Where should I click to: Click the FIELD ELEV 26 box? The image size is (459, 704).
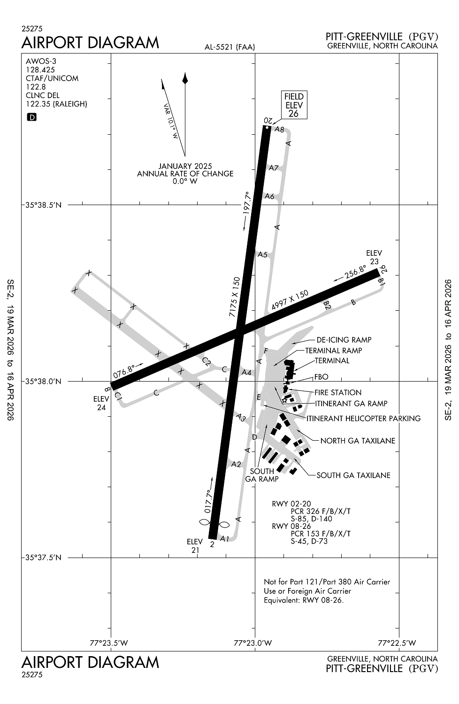[x=294, y=105]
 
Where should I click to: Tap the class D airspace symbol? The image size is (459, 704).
[x=32, y=117]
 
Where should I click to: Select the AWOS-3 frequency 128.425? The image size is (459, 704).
[x=40, y=69]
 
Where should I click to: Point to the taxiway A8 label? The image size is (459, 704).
[x=279, y=130]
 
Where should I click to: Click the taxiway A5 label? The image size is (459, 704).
[x=262, y=255]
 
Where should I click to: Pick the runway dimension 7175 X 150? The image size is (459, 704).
[x=235, y=298]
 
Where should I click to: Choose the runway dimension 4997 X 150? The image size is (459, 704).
[x=290, y=301]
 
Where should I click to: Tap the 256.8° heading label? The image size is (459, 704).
[x=355, y=272]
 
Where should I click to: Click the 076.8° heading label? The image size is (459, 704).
[x=124, y=372]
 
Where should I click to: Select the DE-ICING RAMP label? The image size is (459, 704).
[x=344, y=340]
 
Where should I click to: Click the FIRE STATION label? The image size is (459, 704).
[x=338, y=392]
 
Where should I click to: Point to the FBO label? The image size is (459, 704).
[x=321, y=377]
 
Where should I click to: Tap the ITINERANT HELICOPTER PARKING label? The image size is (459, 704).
[x=363, y=418]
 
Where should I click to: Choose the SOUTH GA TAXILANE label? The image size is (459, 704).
[x=353, y=475]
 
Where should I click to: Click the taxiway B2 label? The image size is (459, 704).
[x=327, y=305]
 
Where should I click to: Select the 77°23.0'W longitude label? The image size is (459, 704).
[x=252, y=643]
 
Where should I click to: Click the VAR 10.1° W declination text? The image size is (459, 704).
[x=171, y=121]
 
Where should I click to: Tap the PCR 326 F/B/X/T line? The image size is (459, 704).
[x=321, y=511]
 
